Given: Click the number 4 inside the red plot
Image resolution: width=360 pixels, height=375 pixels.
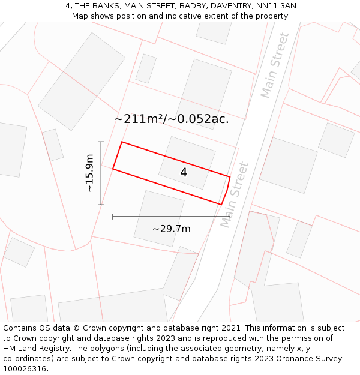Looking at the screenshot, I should tap(184, 172).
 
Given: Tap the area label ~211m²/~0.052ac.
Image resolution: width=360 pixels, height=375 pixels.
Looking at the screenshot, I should tap(172, 119).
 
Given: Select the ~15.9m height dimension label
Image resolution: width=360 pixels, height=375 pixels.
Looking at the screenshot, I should tap(90, 173).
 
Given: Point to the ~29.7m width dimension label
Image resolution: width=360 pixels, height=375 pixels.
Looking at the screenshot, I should tap(172, 229).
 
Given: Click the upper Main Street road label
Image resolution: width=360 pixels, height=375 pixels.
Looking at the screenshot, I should tap(275, 65).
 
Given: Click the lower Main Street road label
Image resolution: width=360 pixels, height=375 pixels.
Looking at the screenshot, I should tap(235, 194).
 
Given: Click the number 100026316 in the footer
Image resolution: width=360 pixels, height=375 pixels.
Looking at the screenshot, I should tap(26, 369).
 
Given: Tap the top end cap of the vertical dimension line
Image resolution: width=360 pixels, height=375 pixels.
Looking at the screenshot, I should tap(101, 142).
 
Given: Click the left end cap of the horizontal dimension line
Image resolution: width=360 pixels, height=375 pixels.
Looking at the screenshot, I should tap(113, 217).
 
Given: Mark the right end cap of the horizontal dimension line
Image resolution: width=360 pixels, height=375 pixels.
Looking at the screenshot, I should tap(230, 217).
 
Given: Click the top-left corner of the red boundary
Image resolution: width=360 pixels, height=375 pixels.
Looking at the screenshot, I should tap(122, 142).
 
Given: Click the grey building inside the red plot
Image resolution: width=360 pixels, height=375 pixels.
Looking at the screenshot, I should tap(187, 163).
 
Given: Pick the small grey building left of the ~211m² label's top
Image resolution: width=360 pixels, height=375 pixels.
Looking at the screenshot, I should tap(146, 68).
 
